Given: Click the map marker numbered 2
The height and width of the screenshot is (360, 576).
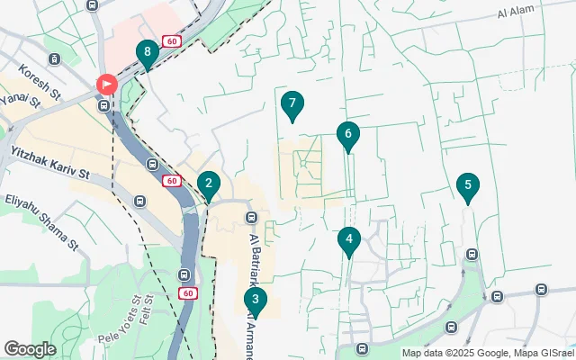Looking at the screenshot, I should click(209, 186).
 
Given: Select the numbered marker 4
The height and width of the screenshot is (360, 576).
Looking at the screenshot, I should click(349, 240).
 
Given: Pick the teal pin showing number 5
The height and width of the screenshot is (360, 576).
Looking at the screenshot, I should click(466, 186).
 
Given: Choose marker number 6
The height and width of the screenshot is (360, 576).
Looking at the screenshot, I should click(348, 135).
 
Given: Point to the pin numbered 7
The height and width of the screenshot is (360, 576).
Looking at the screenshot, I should click(290, 104).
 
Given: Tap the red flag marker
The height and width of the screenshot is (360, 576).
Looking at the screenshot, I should click(106, 85).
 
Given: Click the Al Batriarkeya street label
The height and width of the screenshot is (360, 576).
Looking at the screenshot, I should click(254, 261).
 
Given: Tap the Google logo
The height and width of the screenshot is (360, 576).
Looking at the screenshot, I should click(30, 348).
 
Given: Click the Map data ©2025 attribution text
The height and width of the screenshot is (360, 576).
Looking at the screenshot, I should click(450, 353).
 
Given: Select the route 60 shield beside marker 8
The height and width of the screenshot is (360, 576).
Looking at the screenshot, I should click(171, 41).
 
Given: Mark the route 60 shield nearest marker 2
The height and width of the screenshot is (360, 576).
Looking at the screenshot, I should click(172, 181).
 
